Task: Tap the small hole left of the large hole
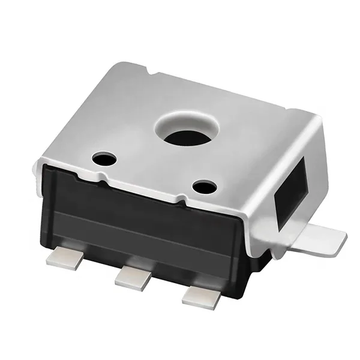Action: (x=104, y=159)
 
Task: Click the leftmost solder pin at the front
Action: (x=64, y=257)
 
